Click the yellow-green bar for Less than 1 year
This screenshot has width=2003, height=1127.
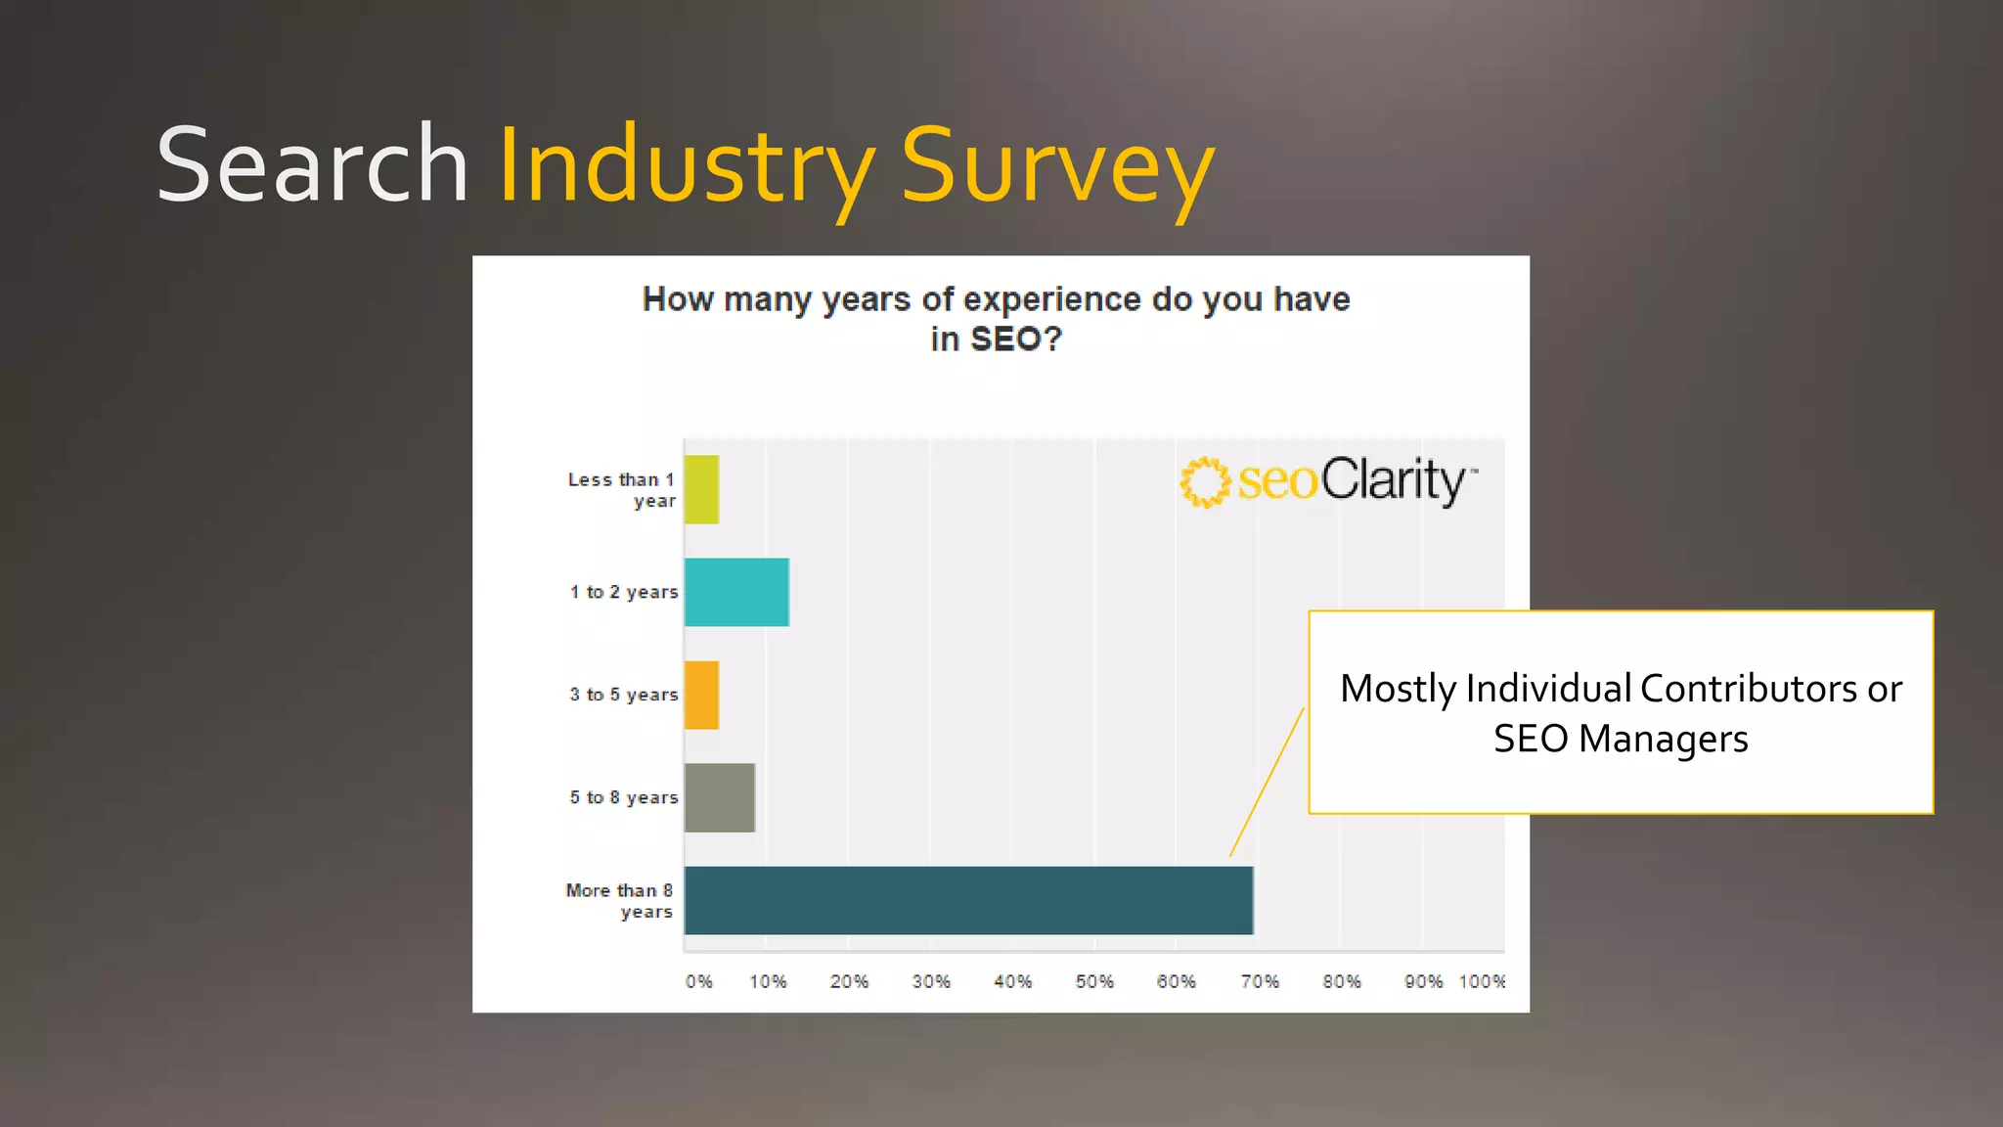pyautogui.click(x=701, y=489)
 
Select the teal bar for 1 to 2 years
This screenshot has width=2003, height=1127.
pyautogui.click(x=736, y=592)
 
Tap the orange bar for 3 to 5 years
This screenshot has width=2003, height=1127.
pyautogui.click(x=701, y=695)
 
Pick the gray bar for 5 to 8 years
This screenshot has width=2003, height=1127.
pyautogui.click(x=719, y=797)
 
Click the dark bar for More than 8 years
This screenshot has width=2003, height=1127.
pyautogui.click(x=968, y=900)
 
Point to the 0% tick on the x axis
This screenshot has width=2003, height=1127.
pyautogui.click(x=698, y=981)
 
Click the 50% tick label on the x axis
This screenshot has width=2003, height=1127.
pyautogui.click(x=1094, y=981)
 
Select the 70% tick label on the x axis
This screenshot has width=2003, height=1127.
pyautogui.click(x=1260, y=981)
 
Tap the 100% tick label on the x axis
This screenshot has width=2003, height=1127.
pyautogui.click(x=1482, y=981)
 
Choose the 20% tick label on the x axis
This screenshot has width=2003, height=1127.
pyautogui.click(x=849, y=981)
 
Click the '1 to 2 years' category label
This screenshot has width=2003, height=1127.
pyautogui.click(x=624, y=592)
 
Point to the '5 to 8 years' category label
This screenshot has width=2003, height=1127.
pyautogui.click(x=624, y=797)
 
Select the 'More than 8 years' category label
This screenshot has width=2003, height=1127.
pyautogui.click(x=620, y=900)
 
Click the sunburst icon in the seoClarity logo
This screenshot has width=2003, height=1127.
pyautogui.click(x=1204, y=481)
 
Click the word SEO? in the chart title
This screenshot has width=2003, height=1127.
pyautogui.click(x=1015, y=339)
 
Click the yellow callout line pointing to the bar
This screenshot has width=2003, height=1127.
pyautogui.click(x=1268, y=783)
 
